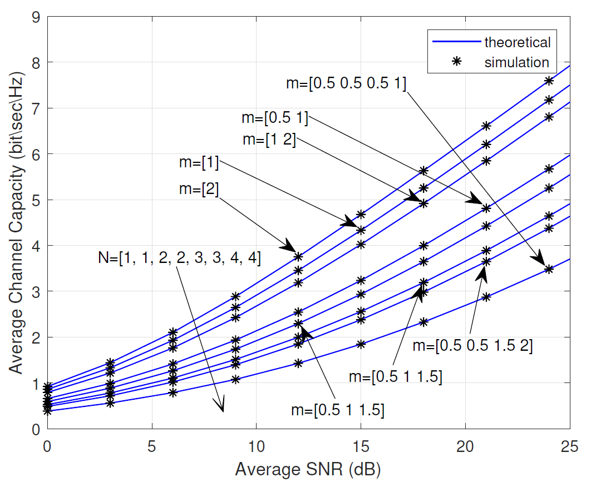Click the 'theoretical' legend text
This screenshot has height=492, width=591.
517,42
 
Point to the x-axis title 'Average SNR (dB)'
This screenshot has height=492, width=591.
308,470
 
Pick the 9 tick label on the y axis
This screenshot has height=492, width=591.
35,17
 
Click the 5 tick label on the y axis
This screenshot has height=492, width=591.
35,200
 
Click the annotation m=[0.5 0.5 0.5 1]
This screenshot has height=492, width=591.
346,83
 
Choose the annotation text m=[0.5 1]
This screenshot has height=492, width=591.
275,118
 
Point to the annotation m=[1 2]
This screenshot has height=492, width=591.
269,139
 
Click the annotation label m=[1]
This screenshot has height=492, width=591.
199,164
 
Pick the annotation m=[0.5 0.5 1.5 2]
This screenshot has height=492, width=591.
473,345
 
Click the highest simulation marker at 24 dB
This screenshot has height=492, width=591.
549,81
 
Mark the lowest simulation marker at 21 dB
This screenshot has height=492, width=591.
486,297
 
